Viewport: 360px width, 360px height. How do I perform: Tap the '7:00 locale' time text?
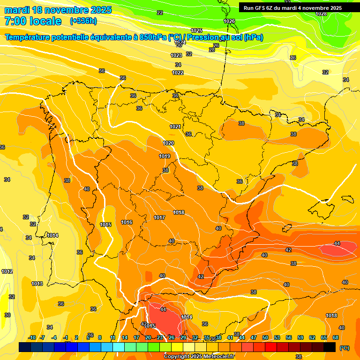[x=33, y=21]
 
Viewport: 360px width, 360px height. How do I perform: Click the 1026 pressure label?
[x=229, y=21]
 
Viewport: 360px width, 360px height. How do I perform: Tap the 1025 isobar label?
[x=196, y=30]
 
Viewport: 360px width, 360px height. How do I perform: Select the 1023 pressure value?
[x=176, y=55]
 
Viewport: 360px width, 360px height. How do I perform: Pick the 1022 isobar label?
[x=178, y=73]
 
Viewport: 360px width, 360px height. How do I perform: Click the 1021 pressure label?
[x=175, y=127]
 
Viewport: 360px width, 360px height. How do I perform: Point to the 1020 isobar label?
[x=169, y=143]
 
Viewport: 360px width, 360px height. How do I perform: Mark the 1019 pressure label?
[x=165, y=156]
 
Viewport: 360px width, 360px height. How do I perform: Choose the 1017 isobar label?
[x=159, y=217]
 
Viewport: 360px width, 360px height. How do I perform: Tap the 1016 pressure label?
[x=127, y=222]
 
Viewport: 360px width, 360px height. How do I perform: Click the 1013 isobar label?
[x=37, y=284]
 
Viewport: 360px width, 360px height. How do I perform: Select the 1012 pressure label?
[x=7, y=271]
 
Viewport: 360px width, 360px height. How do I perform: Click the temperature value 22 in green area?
[x=160, y=13]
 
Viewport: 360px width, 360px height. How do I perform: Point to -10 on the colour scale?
[x=32, y=337]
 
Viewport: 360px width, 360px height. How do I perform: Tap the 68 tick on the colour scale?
[x=336, y=337]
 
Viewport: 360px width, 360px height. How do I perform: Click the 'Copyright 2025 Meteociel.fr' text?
[x=199, y=356]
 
